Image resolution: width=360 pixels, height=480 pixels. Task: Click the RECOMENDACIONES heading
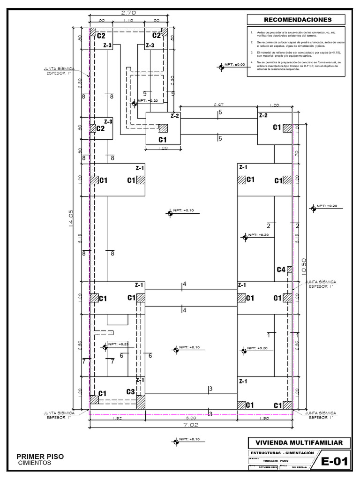click(298, 20)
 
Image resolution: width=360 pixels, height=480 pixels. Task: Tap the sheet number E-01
click(335, 462)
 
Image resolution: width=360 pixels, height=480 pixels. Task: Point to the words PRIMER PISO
click(40, 456)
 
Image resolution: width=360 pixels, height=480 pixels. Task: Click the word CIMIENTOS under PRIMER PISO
click(35, 463)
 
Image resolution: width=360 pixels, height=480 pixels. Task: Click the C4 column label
click(281, 269)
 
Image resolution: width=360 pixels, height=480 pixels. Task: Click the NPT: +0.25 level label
click(118, 345)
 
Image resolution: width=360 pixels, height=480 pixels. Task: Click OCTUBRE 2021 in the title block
click(268, 467)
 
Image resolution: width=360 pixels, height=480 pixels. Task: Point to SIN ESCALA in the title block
click(300, 467)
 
